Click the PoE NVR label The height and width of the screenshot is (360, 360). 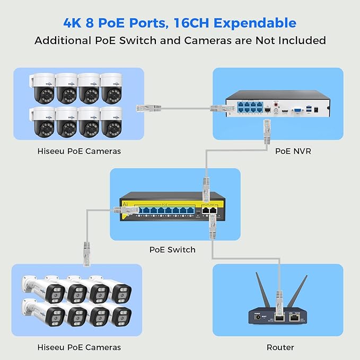[293, 151]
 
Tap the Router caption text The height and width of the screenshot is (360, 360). [279, 347]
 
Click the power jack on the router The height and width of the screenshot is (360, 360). [259, 317]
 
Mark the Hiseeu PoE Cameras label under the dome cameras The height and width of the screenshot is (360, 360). [79, 151]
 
